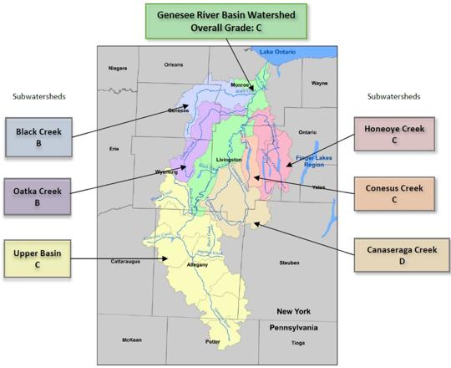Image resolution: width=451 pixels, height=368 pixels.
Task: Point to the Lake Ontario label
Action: coord(279,52)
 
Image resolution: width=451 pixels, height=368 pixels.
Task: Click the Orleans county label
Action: coord(174,64)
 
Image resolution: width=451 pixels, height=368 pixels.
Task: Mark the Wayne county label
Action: coord(319,84)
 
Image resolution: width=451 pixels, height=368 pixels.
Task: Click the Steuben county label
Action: coord(289,263)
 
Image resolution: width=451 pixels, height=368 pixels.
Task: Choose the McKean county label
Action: coord(131,340)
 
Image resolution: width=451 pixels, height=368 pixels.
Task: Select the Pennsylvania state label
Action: coord(293,329)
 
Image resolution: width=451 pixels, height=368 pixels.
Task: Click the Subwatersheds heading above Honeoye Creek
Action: coord(393,96)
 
